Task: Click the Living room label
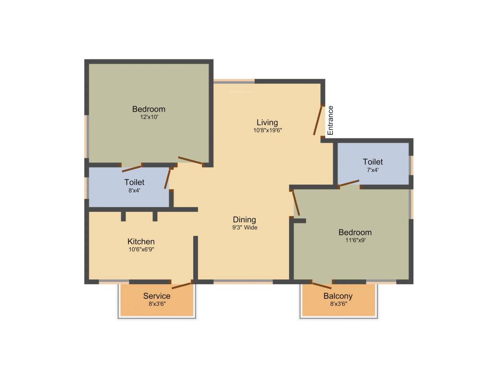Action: click(x=267, y=122)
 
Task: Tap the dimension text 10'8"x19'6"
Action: click(x=267, y=130)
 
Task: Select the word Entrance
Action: click(x=330, y=120)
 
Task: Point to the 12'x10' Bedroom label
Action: click(x=149, y=109)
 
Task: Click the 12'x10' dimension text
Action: click(x=149, y=116)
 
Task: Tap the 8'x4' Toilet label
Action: click(x=134, y=182)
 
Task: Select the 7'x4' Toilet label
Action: click(x=373, y=162)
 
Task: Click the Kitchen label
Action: click(x=141, y=241)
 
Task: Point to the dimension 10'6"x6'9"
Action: click(x=141, y=249)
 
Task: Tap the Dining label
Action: click(x=245, y=220)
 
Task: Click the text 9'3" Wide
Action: click(x=245, y=228)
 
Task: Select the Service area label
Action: click(x=157, y=296)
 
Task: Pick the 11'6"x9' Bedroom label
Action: click(x=355, y=232)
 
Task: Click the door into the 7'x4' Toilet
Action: click(x=349, y=183)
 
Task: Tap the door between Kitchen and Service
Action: click(x=182, y=285)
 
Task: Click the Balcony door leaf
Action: click(x=322, y=285)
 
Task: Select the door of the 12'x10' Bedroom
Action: click(x=190, y=161)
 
